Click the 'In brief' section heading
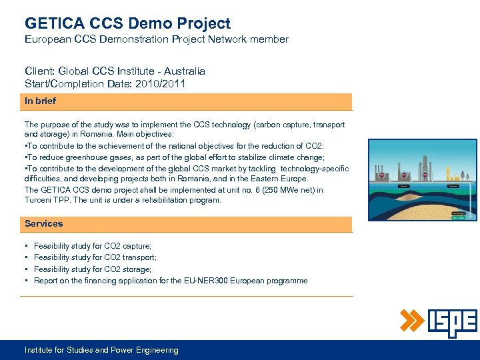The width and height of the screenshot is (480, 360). click(40, 101)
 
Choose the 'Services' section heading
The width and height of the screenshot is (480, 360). click(44, 223)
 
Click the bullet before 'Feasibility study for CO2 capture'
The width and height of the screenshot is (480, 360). click(26, 246)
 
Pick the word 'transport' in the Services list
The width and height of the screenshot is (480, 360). click(139, 257)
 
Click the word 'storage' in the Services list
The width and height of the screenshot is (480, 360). click(135, 269)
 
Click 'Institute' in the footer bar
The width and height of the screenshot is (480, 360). click(41, 350)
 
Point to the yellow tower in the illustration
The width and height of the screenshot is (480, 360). click(448, 174)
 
